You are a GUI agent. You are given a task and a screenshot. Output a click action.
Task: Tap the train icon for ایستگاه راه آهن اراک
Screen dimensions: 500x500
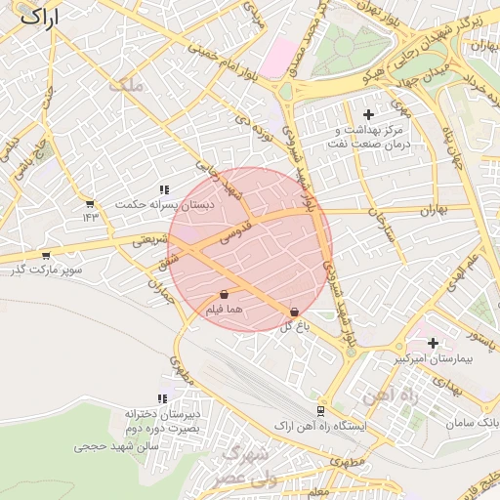pyautogui.click(x=320, y=411)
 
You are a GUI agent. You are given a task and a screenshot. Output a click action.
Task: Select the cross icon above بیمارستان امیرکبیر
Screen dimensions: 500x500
pyautogui.click(x=432, y=343)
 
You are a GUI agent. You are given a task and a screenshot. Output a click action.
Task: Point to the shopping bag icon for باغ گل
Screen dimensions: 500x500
pyautogui.click(x=294, y=312)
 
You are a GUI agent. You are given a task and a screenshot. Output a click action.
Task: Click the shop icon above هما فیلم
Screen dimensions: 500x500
pyautogui.click(x=224, y=294)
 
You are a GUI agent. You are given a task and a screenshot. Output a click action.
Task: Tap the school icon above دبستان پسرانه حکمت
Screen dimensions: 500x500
pyautogui.click(x=163, y=189)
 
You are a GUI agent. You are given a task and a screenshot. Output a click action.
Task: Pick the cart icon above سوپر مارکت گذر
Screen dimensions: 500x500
pyautogui.click(x=45, y=254)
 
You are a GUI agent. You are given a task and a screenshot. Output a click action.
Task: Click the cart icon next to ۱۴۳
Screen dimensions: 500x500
pyautogui.click(x=90, y=204)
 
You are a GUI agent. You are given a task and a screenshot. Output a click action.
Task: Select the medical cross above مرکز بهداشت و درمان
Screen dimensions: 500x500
pyautogui.click(x=368, y=115)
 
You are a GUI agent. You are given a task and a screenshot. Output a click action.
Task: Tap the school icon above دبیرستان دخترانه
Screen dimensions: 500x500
pyautogui.click(x=161, y=398)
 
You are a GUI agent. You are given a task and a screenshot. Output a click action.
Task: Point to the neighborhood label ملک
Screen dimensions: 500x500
pyautogui.click(x=127, y=86)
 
